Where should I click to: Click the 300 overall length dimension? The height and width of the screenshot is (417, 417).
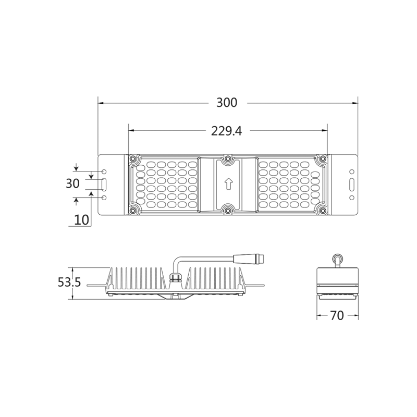pos(227,103)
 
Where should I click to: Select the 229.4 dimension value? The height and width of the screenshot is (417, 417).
pos(226,131)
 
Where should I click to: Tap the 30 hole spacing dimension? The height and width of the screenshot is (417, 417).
pos(72,184)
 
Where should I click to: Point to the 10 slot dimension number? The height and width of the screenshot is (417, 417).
pos(81,219)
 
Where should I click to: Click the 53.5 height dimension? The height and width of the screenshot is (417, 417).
pos(69,283)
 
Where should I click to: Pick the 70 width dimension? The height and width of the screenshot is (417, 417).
pos(337,316)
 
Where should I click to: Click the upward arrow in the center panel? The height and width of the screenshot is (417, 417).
pos(227,184)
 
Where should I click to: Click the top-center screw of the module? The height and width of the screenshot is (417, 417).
pos(227,158)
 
